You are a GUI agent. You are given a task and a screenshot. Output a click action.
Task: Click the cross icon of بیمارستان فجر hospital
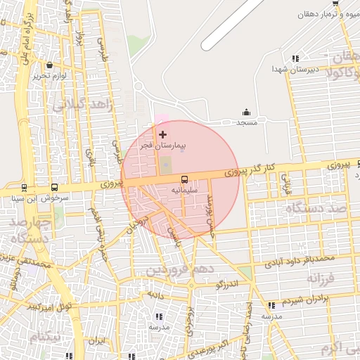coord(163,134)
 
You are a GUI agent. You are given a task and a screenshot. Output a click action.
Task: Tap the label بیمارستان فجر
coord(162,146)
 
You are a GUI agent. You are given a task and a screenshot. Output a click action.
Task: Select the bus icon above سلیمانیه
coord(185,179)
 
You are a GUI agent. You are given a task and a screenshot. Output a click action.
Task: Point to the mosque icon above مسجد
coord(246,112)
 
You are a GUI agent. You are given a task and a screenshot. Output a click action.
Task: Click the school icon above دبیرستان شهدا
coord(295,58)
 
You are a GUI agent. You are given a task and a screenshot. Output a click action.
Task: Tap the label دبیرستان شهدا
coord(296,70)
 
